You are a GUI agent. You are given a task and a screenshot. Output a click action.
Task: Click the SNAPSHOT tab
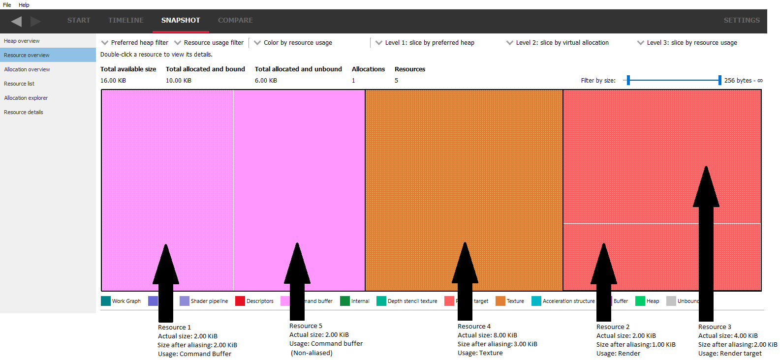[181, 20]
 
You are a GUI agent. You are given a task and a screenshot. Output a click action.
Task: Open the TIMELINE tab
[126, 20]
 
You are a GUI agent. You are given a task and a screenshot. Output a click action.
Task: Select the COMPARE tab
[235, 20]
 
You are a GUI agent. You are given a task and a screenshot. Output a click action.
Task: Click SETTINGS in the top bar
[741, 20]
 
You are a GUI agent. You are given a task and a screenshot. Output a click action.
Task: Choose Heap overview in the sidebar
[22, 41]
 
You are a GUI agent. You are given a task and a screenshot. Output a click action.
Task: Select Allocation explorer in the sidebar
[26, 98]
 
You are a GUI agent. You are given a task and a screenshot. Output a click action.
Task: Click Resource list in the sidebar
[19, 84]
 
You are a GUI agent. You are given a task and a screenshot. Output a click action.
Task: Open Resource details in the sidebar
[24, 112]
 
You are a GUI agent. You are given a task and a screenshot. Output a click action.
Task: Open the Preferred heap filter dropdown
[135, 43]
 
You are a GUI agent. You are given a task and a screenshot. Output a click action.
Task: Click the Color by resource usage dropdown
[293, 43]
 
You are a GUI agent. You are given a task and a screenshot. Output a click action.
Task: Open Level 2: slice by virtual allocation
[558, 43]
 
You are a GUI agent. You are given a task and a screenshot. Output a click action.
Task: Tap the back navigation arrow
[16, 21]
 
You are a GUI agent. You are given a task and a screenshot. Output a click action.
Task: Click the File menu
[7, 5]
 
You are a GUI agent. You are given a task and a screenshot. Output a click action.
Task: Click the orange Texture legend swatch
[500, 301]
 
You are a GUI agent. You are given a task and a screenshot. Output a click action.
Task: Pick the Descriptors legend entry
[260, 301]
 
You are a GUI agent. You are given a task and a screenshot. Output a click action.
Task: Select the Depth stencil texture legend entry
[412, 301]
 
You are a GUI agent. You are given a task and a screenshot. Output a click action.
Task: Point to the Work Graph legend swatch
[106, 301]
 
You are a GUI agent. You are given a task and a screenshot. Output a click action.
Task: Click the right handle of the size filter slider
[719, 80]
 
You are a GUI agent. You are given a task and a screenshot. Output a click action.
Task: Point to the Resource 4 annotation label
[474, 327]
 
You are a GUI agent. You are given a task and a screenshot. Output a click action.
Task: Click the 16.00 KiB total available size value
[113, 81]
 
